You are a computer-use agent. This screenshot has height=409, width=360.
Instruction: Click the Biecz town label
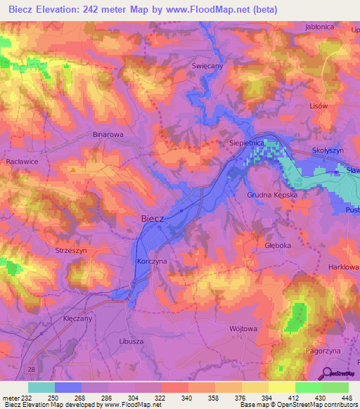[153, 219]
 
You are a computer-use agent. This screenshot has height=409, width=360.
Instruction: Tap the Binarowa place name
[108, 133]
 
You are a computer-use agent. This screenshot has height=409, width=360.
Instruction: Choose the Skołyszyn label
[328, 151]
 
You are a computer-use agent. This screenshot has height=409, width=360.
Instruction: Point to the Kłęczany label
[78, 318]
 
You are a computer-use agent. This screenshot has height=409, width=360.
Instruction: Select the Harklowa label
[345, 268]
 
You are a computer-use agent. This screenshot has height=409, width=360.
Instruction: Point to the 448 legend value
[345, 398]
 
